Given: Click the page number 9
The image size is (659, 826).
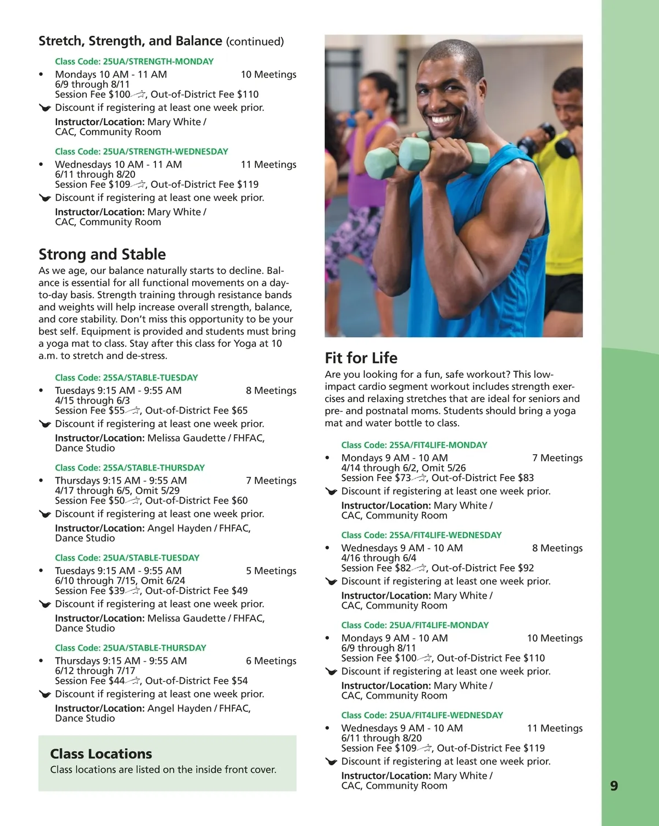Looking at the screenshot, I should (614, 786).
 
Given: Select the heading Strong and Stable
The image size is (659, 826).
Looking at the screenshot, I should (102, 254).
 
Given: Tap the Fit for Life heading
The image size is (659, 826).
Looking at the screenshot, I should (361, 358).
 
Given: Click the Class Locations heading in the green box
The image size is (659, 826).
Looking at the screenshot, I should (101, 754).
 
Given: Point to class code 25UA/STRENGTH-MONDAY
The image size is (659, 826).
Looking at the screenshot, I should (134, 62).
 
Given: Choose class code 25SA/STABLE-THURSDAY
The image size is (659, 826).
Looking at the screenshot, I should (130, 468).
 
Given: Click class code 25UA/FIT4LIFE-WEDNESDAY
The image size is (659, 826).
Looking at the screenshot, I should (422, 715).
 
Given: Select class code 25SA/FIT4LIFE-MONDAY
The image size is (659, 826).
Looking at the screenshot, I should (414, 445).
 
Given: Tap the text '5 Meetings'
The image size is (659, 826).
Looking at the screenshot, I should (271, 571).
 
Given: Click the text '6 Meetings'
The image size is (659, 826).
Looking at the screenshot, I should (271, 661).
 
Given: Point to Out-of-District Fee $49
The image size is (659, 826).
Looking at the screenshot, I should (196, 590).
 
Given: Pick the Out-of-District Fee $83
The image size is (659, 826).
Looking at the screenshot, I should (482, 478).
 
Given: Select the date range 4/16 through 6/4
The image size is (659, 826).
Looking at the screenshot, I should (378, 557).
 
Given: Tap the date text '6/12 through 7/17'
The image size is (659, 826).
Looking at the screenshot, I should (95, 671).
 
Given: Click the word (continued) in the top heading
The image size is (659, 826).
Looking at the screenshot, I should (255, 42).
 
